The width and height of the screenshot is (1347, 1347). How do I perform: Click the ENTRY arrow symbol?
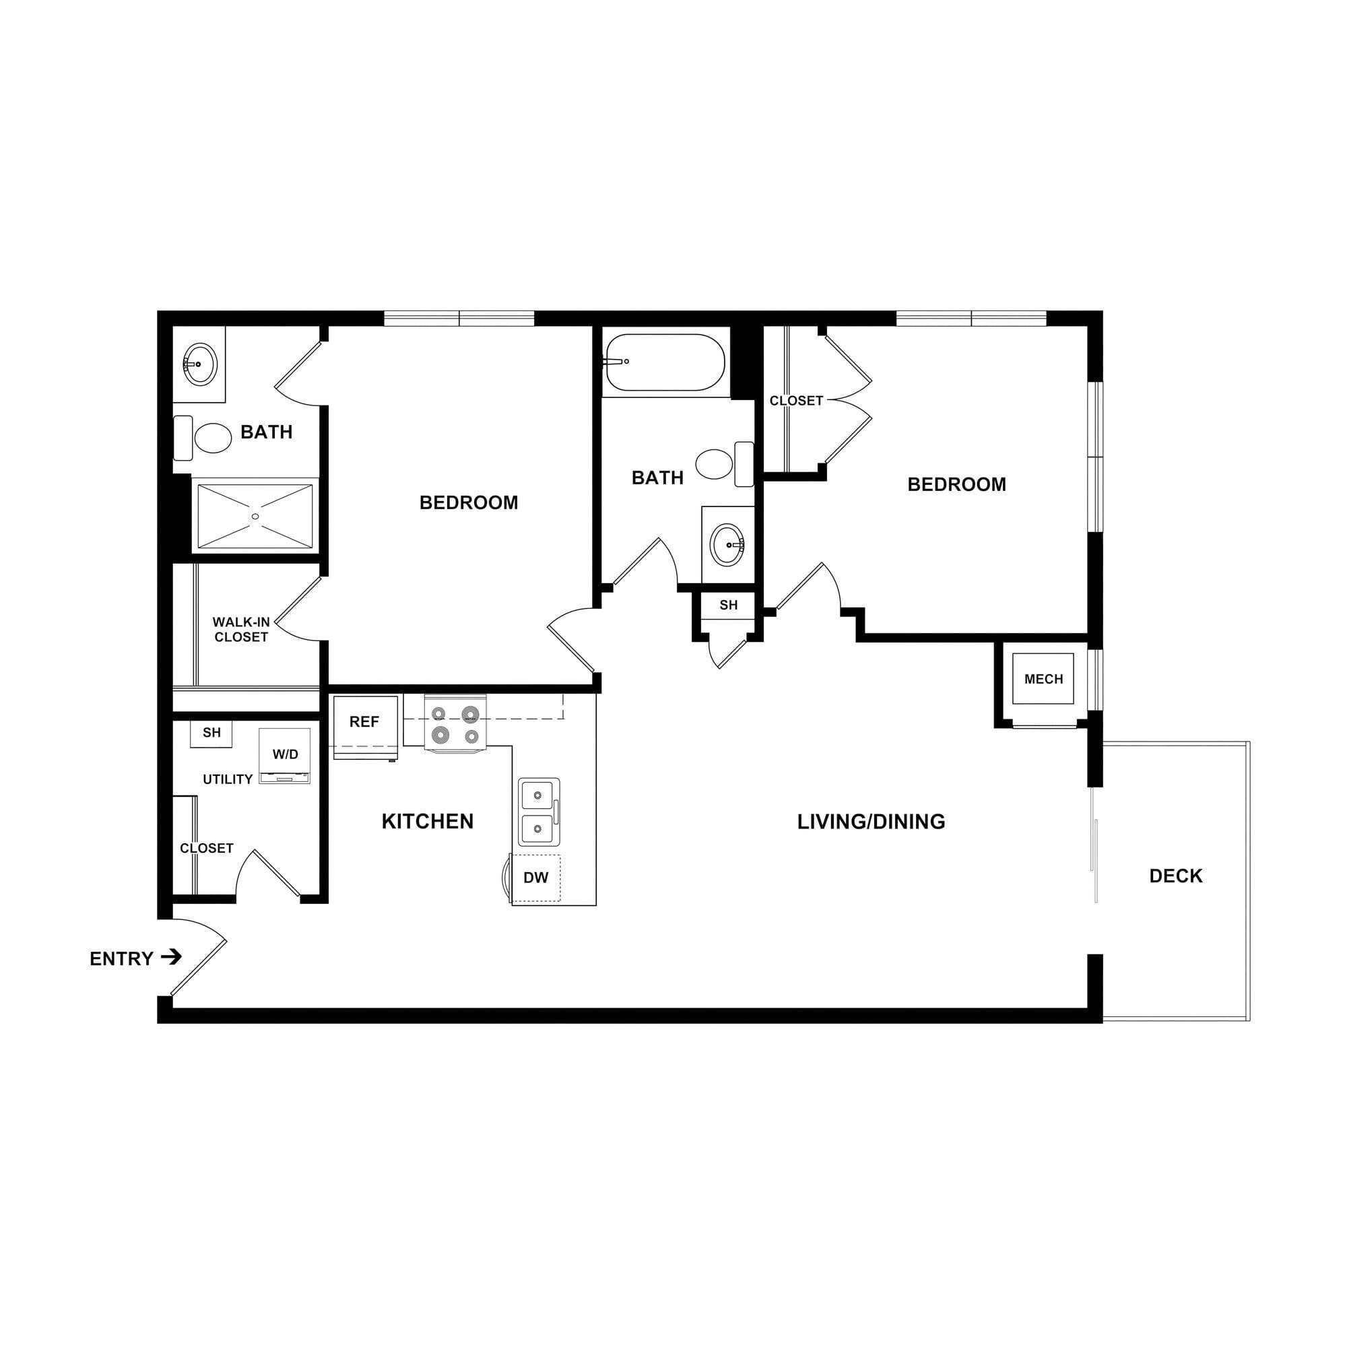pos(172,956)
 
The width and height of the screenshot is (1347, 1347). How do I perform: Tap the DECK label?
pos(1175,876)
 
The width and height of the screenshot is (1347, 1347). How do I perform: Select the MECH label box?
pos(1043,679)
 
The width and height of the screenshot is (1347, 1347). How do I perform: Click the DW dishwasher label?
pos(535,878)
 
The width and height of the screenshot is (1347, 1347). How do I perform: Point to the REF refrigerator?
pos(365,727)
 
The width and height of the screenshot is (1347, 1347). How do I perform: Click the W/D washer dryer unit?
pos(284,756)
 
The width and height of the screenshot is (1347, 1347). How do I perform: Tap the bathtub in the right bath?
pos(665,362)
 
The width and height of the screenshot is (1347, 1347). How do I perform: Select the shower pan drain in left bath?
pos(255,517)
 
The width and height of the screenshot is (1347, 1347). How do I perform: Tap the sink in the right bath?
pos(727,544)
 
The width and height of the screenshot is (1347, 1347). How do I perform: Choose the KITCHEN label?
pos(428,821)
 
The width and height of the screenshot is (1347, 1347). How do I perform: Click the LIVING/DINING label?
pos(871,822)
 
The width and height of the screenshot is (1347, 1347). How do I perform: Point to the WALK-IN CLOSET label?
pos(241,630)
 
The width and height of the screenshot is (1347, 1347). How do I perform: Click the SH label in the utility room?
pos(212,733)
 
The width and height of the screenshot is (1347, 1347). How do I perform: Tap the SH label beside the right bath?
pos(729,605)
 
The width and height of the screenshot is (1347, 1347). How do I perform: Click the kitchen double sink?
pos(539,812)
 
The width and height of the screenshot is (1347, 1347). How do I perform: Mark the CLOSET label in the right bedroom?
pos(796,401)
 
